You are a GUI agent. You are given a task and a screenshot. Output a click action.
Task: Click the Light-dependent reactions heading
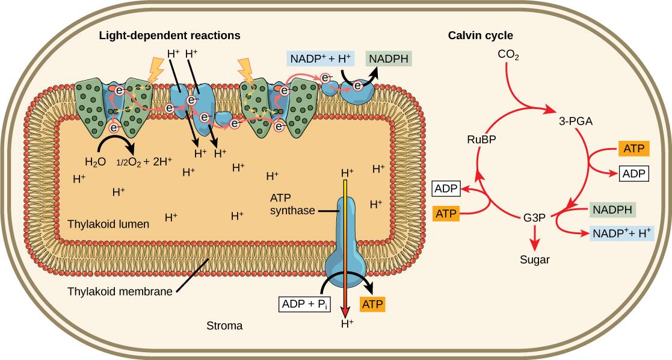[x=170, y=36]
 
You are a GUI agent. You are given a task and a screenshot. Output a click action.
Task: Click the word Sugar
[x=535, y=260]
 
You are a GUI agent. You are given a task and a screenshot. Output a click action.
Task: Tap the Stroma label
[x=224, y=327]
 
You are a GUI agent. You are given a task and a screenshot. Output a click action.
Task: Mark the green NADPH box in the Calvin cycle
[x=611, y=209]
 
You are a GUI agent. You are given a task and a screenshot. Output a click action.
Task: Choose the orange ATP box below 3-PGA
[x=633, y=149]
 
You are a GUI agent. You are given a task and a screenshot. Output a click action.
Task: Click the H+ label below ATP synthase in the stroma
[x=347, y=324]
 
